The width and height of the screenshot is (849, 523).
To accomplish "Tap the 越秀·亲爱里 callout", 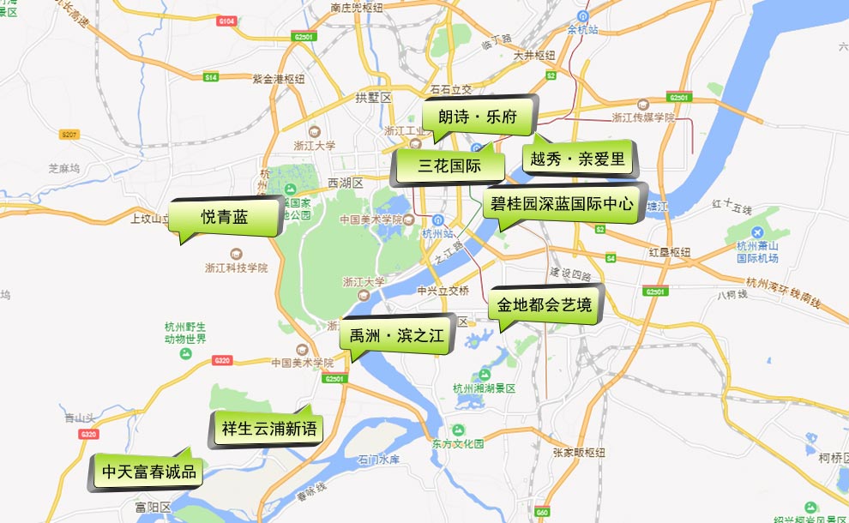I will click(578, 158).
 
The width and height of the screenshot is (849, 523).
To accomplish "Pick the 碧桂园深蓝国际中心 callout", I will click(562, 204).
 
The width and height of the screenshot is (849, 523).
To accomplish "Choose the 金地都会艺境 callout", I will click(545, 305).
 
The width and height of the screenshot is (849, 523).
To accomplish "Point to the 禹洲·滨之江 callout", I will click(396, 335).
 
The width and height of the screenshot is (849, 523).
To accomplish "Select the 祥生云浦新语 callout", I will click(265, 428).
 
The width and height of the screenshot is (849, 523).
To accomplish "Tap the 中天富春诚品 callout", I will click(149, 471).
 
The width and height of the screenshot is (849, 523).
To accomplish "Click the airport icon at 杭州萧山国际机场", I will click(756, 233).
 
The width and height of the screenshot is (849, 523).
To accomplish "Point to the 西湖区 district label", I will click(346, 183).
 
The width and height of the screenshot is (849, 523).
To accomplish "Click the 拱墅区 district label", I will click(373, 99).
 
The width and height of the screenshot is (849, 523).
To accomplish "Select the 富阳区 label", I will click(154, 508).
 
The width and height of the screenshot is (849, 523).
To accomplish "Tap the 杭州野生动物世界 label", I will click(185, 333).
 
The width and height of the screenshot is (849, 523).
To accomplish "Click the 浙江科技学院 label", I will click(237, 268).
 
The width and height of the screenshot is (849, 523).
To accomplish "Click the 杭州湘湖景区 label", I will click(485, 388).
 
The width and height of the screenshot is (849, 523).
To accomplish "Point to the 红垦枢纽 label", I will click(670, 252).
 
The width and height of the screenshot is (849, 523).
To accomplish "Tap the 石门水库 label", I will click(379, 460).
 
